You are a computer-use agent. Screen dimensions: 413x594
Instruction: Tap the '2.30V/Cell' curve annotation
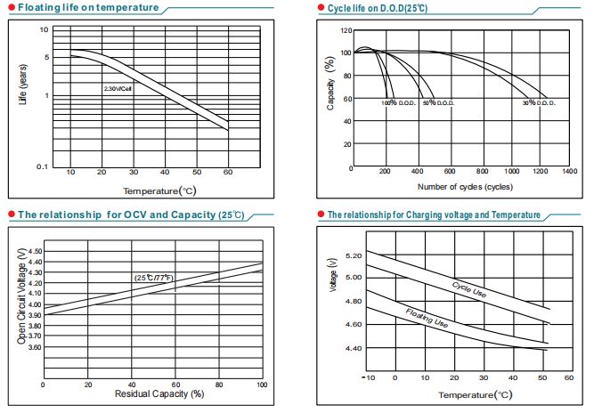coord(118,89)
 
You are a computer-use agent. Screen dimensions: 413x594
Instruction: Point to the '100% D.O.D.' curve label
coord(398,103)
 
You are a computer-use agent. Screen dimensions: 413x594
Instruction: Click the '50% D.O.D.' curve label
coord(439,103)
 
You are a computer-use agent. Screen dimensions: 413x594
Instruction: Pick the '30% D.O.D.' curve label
coord(539,103)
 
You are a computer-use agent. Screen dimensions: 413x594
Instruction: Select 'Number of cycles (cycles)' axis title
coord(465,186)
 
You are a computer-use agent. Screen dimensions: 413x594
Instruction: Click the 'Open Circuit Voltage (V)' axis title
coord(22,297)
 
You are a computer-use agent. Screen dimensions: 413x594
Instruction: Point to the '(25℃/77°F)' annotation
coord(153,279)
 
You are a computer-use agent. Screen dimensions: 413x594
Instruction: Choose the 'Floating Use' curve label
coord(427,320)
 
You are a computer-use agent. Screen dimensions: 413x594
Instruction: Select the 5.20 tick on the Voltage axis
coord(353,255)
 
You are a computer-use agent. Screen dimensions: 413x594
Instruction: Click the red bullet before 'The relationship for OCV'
coord(10,215)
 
